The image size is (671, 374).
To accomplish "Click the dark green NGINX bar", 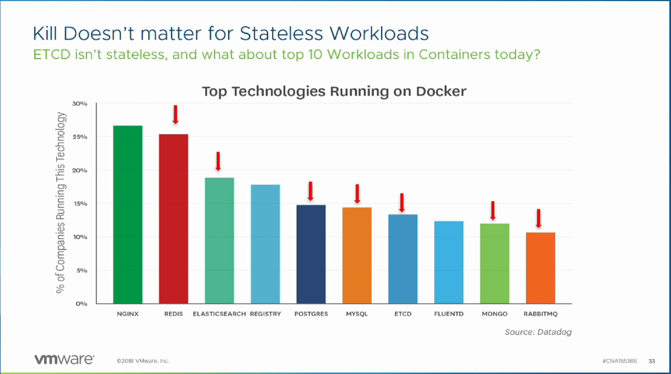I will (128, 215).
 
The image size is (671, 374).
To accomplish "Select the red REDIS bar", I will (173, 218).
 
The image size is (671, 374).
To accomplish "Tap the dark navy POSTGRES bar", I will (311, 254).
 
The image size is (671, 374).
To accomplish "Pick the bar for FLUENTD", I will (449, 262).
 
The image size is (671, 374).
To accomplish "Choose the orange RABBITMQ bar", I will (540, 268).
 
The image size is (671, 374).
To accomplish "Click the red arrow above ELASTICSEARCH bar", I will (218, 161).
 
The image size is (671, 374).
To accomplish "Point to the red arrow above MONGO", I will (492, 211).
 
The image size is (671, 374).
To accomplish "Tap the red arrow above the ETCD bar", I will (401, 203).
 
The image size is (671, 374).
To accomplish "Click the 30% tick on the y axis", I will (80, 104).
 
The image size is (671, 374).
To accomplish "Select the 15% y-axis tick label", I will (80, 204).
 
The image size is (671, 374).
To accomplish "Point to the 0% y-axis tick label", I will (82, 304).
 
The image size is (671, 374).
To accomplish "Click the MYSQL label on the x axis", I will (357, 314).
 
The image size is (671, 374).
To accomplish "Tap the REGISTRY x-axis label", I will (265, 314).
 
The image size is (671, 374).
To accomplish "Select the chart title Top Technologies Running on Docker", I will (334, 91).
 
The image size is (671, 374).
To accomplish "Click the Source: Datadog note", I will (538, 332).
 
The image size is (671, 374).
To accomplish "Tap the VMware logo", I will (65, 358).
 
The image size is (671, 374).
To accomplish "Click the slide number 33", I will (651, 361).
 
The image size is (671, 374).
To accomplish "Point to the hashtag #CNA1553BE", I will (620, 361).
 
